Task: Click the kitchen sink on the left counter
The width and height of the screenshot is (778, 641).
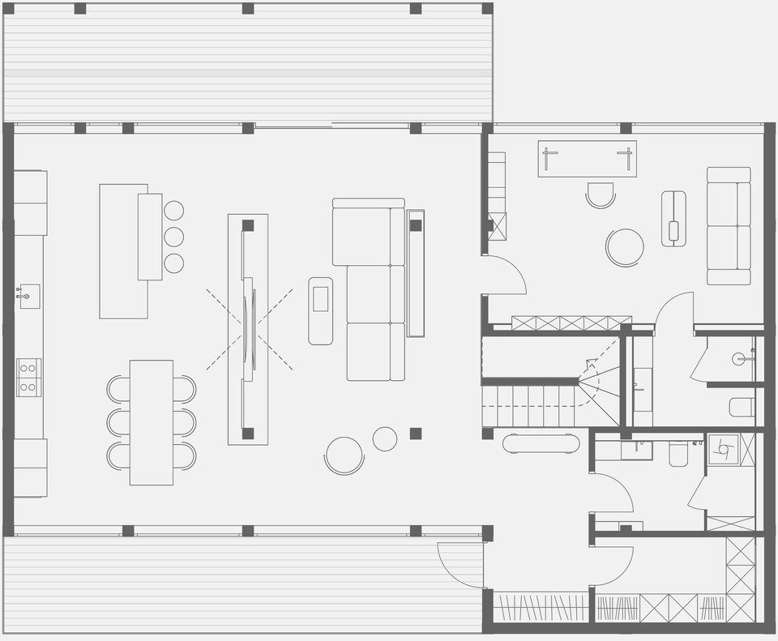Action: tap(30, 297)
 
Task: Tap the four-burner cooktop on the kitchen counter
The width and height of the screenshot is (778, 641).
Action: tap(28, 378)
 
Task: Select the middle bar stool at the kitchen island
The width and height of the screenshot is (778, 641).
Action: tap(173, 237)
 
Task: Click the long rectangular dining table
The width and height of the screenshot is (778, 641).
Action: tap(152, 422)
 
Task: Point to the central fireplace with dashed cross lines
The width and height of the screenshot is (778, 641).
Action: tap(248, 328)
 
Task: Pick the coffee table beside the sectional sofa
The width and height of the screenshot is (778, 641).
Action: tap(320, 310)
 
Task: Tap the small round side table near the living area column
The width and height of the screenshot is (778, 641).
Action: tap(385, 439)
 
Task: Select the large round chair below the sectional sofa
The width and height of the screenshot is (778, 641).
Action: tap(344, 455)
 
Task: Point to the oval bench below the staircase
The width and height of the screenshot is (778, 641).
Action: tap(541, 443)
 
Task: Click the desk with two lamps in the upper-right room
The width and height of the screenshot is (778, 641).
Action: tap(587, 159)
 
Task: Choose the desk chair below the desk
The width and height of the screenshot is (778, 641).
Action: tap(601, 194)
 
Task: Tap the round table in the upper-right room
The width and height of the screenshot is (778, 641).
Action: tap(625, 246)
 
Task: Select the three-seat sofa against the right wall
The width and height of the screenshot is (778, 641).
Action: tap(729, 225)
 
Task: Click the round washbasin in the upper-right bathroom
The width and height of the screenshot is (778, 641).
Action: tap(739, 359)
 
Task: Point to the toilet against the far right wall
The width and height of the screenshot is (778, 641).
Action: tap(742, 407)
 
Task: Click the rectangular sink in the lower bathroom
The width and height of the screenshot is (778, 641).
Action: tap(637, 450)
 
